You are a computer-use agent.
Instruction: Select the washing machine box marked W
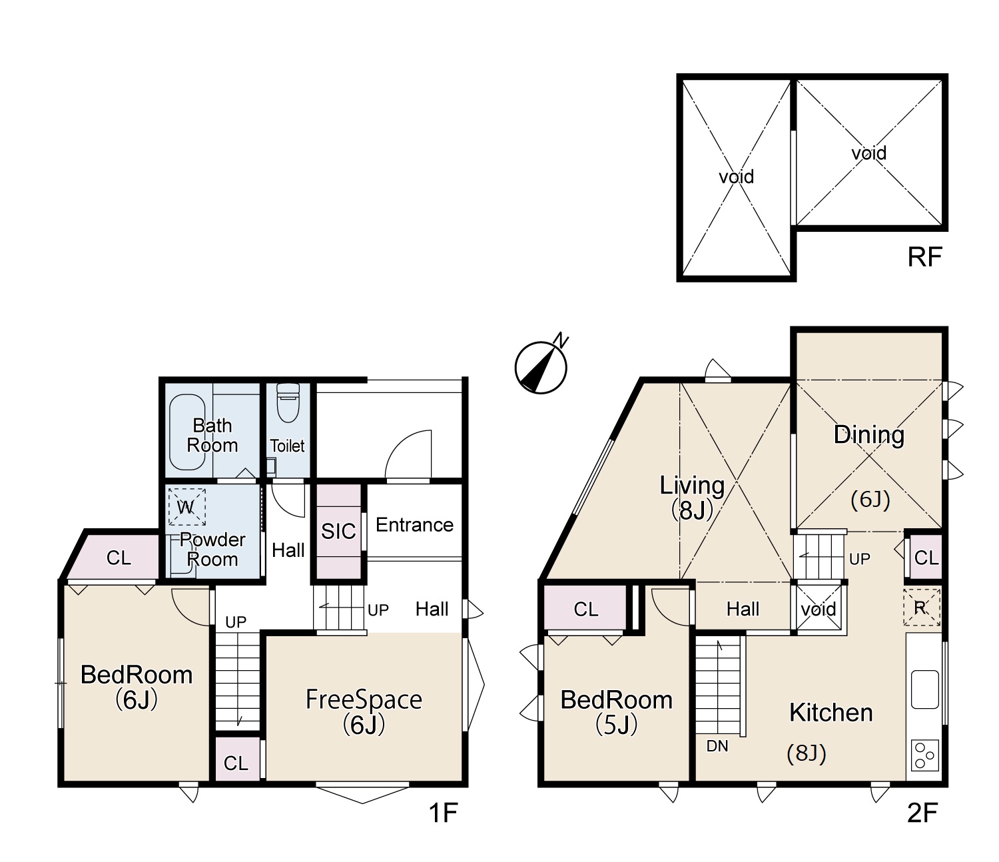tap(186, 507)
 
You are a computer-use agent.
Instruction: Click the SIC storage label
tap(338, 532)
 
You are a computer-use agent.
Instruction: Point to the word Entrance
tap(414, 524)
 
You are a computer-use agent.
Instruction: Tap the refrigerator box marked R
tap(922, 608)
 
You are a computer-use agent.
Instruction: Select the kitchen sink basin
tap(924, 689)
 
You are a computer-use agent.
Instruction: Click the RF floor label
tap(924, 257)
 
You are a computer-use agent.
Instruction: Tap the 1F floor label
tap(443, 812)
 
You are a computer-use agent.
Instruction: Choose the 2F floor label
tap(922, 812)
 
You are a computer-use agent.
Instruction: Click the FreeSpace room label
tap(364, 699)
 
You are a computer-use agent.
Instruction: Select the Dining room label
tap(869, 434)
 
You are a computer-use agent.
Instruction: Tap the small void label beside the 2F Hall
tap(818, 609)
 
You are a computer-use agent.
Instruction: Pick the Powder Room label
tap(212, 550)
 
